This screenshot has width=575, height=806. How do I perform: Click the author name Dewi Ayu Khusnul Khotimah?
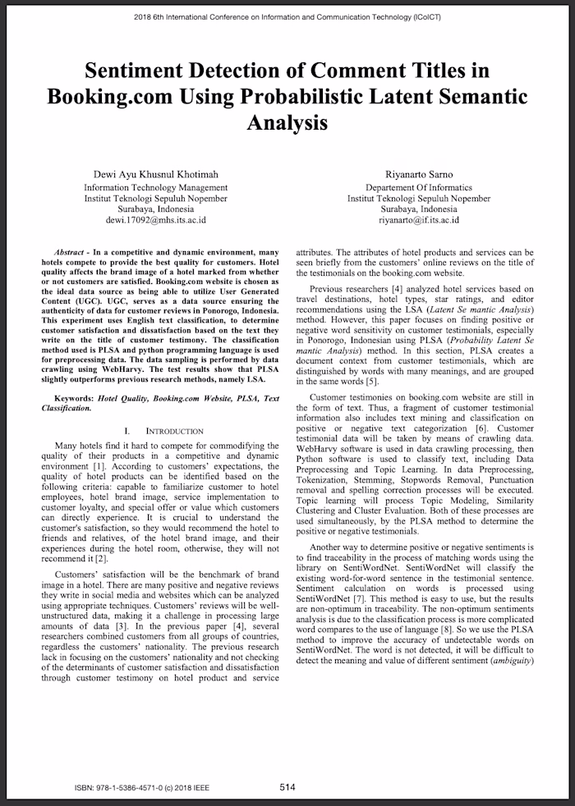coord(155,174)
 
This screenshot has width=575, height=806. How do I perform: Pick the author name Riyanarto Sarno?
coord(419,174)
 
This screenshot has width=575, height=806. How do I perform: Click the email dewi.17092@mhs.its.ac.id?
coord(155,220)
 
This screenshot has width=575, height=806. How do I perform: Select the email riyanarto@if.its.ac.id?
coord(419,220)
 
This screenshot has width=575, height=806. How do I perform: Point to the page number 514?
coord(287,786)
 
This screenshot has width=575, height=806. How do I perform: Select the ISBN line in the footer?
coord(139,787)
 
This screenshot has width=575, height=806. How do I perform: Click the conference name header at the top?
coord(287,16)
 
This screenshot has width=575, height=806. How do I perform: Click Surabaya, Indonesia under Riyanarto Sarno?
coord(419,209)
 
